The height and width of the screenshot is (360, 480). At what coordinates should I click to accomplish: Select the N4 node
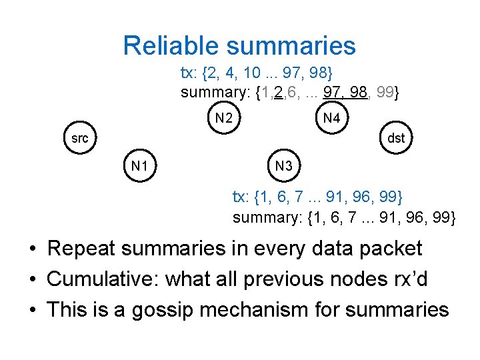(x=331, y=119)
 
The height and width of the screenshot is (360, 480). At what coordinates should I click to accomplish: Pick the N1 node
(x=139, y=165)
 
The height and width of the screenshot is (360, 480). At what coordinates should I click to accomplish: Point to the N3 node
(x=284, y=165)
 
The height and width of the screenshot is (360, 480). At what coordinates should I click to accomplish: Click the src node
(x=79, y=139)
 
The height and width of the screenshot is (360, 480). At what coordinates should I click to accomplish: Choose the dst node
(x=396, y=139)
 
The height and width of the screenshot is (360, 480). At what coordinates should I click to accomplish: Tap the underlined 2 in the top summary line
(x=278, y=93)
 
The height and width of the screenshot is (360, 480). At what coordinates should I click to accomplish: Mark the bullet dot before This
(x=31, y=311)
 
